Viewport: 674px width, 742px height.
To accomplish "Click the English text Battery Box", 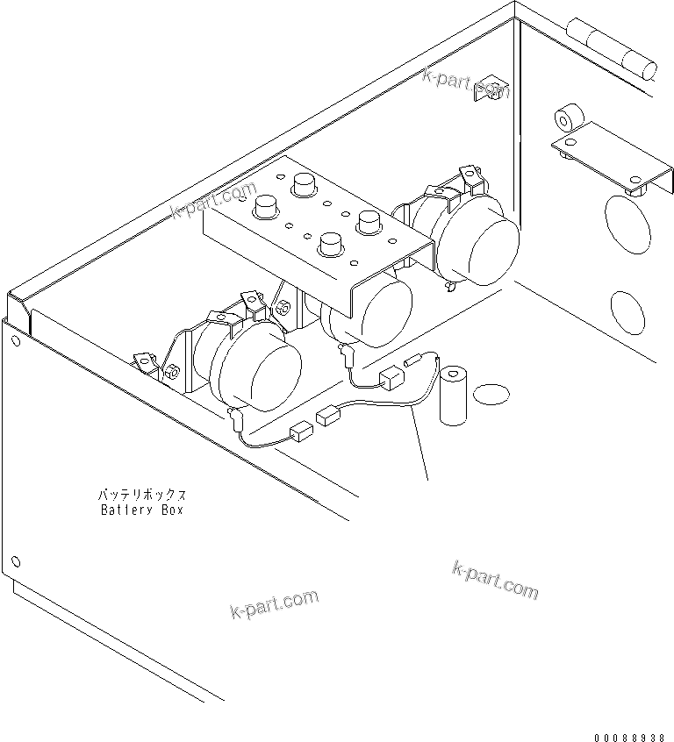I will point(141,510).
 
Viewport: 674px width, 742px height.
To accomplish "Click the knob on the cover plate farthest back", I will point(304,183).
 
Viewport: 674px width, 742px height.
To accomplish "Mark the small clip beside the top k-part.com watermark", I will point(487,90).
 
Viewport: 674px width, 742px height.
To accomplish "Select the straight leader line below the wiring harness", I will point(420,442).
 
